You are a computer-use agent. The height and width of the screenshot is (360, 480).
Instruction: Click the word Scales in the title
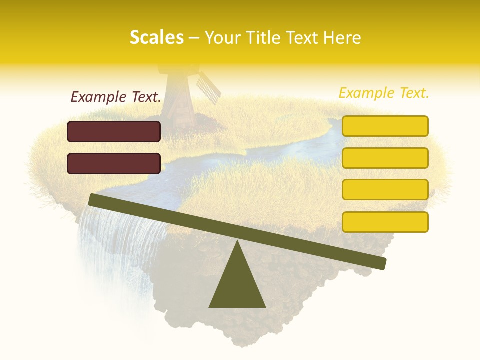coord(156,38)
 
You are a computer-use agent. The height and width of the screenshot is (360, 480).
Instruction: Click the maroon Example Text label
coord(116,97)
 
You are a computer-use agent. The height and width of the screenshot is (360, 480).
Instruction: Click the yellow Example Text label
coord(384,93)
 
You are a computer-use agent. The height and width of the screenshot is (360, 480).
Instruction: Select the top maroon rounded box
coord(114,131)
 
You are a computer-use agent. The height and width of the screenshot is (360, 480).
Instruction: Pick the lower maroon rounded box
coord(114,163)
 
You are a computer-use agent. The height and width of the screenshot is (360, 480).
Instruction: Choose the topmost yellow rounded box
coord(385,126)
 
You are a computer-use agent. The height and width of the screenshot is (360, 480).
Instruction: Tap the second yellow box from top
coord(385,158)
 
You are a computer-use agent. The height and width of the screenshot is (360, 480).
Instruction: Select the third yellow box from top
coord(385,189)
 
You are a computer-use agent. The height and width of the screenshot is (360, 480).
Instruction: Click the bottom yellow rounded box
coord(385,222)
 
